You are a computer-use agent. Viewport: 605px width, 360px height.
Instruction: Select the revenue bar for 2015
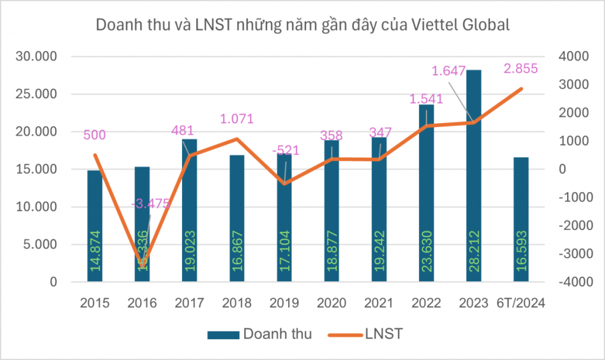(x=95, y=225)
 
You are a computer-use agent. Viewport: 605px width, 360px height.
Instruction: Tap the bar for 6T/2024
(x=521, y=219)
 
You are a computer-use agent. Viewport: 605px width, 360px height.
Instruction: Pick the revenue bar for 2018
(x=237, y=219)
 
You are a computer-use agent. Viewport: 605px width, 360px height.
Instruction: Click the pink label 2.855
(x=521, y=69)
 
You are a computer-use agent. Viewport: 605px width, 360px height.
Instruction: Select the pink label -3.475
(x=150, y=204)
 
